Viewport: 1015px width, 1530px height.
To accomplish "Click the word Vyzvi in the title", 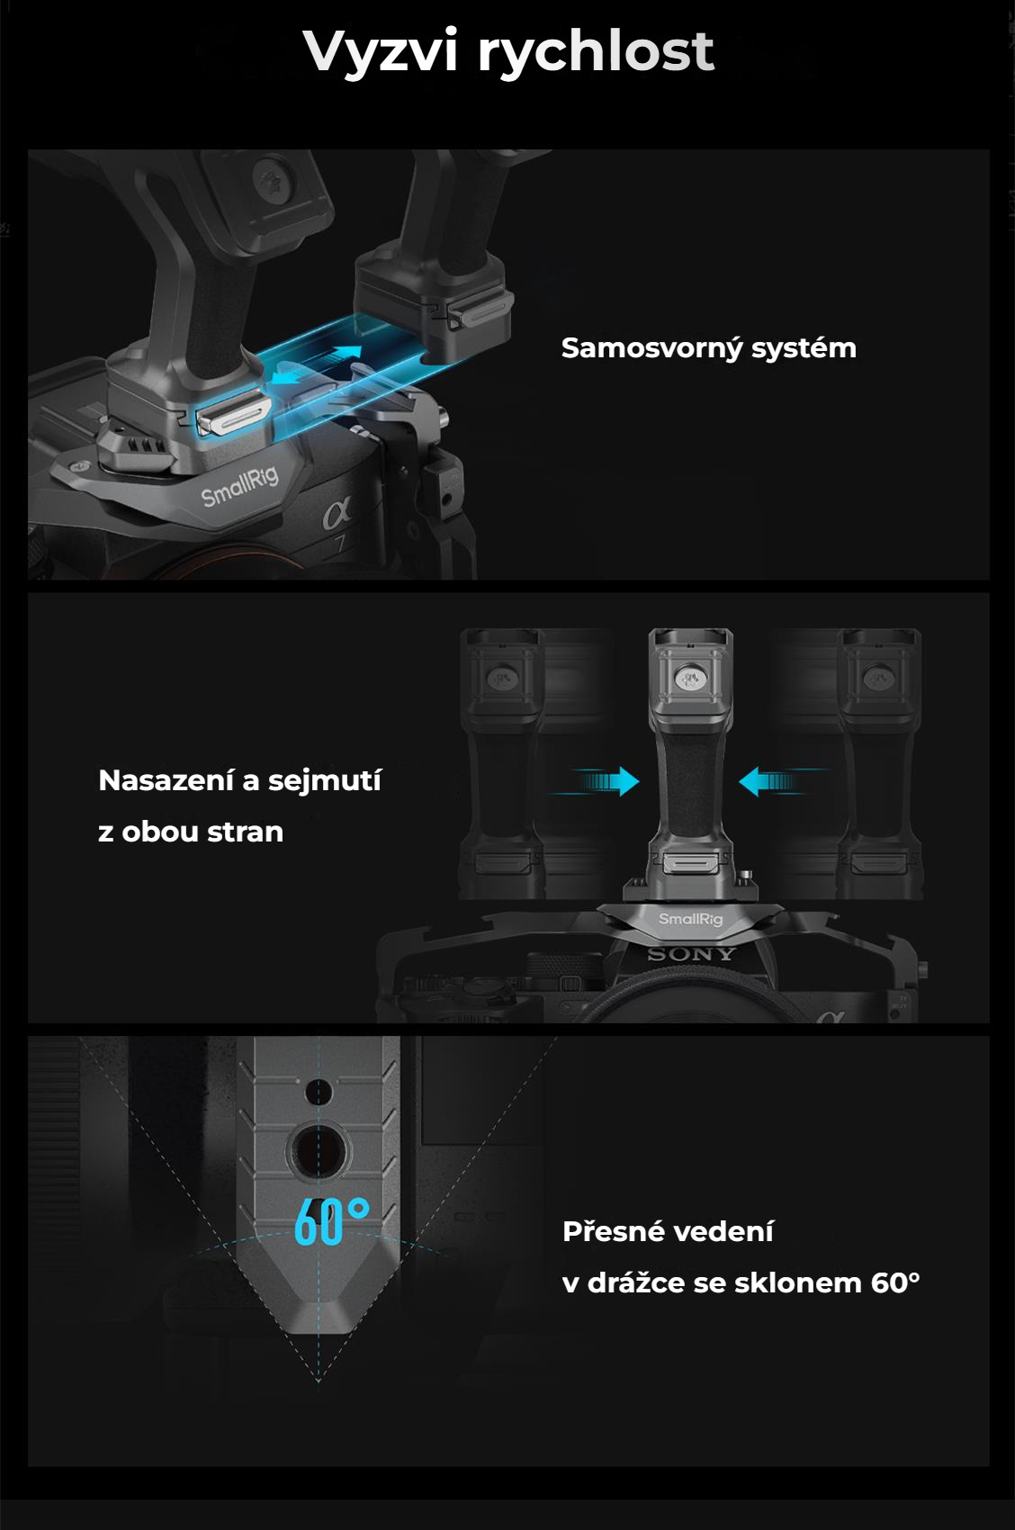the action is click(x=380, y=51).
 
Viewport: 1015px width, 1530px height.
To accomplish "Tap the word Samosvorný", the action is click(x=651, y=348).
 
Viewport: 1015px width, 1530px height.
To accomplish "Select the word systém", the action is click(x=804, y=348).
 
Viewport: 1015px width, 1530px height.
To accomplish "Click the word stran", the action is click(x=246, y=832).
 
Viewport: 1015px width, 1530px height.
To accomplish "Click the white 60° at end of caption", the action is click(x=895, y=1282).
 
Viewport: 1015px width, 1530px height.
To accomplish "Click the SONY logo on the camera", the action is click(x=691, y=954).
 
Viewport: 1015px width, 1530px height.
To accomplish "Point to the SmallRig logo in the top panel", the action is click(x=239, y=484).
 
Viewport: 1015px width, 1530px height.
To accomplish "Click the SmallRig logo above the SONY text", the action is click(x=690, y=920).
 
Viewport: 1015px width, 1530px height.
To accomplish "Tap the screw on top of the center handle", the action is click(x=690, y=679).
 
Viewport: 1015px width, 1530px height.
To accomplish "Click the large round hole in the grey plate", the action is click(x=317, y=1152).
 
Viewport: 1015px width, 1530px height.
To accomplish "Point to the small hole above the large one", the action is click(x=318, y=1092).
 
